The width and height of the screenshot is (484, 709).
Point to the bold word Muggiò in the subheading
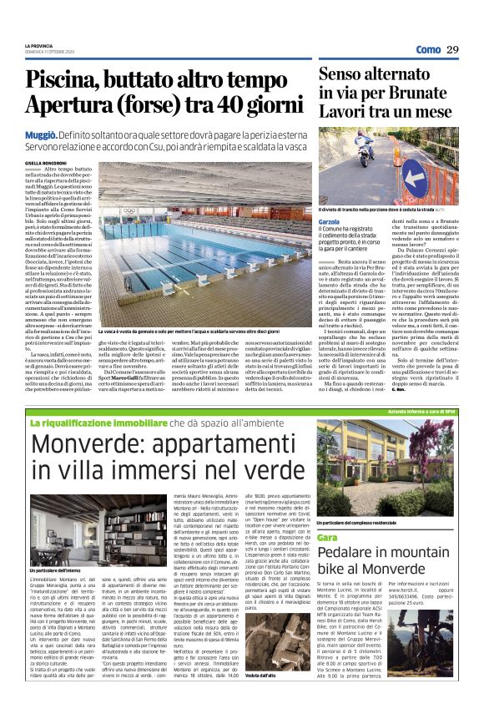(x=40, y=133)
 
